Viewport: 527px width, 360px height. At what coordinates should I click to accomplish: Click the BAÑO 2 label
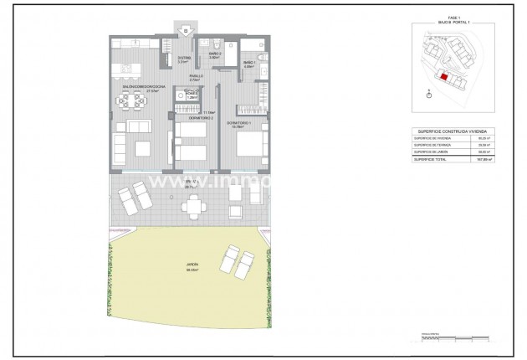tap(214, 55)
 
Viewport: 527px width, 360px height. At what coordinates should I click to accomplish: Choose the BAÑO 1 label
tap(249, 64)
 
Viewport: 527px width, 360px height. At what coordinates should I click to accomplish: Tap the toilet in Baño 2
tap(215, 45)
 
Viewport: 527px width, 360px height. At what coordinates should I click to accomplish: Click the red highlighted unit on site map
tap(444, 77)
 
